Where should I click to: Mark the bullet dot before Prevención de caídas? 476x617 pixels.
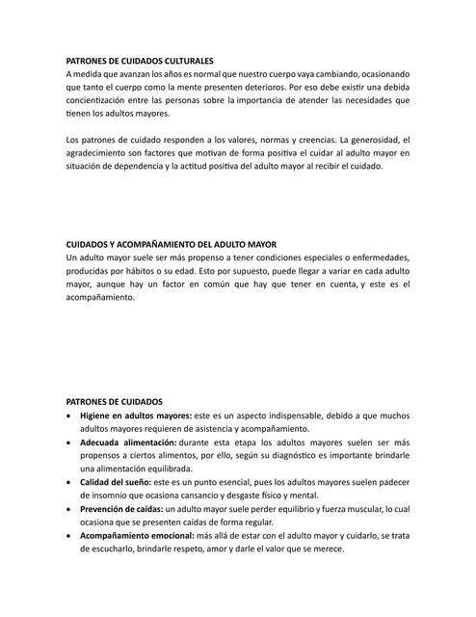tap(68, 508)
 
